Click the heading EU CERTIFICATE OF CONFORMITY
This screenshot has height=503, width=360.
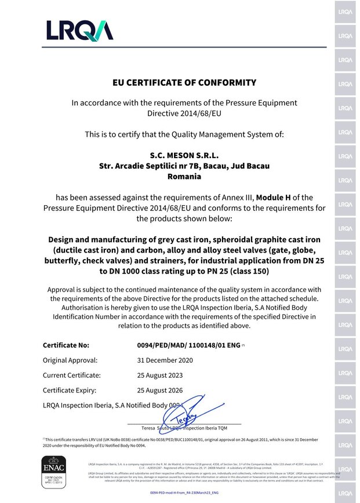(184, 83)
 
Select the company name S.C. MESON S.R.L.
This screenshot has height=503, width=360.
(184, 155)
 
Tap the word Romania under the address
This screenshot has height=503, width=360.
(184, 176)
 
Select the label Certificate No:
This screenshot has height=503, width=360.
(66, 345)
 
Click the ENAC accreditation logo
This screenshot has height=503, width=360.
(55, 469)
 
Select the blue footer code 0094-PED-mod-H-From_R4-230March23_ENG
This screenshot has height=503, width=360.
(184, 491)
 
